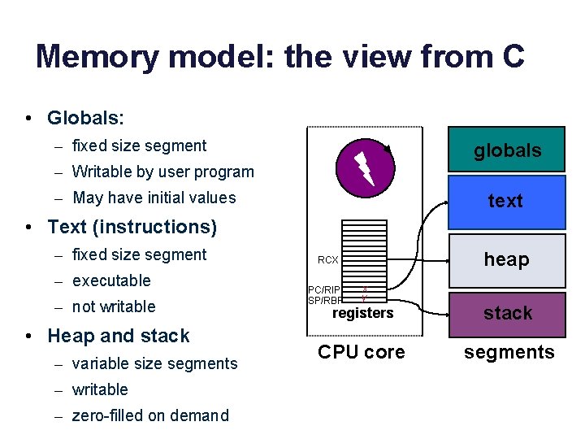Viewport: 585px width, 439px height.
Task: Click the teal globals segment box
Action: pos(507,150)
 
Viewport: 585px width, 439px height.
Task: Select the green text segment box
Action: pos(507,201)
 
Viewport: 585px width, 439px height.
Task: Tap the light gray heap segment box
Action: pos(507,259)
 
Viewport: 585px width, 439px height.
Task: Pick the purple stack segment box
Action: pos(507,313)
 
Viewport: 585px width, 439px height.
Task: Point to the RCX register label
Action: pos(328,260)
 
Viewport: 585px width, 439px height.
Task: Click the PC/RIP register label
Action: pos(324,289)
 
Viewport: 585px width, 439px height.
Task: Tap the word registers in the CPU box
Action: pos(363,313)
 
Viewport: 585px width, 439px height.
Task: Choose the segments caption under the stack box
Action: pos(509,352)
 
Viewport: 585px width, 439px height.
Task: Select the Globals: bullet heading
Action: pos(85,118)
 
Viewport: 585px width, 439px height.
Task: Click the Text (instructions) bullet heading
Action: pos(132,227)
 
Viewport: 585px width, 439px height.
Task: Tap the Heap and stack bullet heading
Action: pos(119,336)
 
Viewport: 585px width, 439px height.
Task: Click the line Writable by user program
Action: pos(162,172)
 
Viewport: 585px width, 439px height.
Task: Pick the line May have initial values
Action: pos(154,198)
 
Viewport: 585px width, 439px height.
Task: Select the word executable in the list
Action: pos(111,280)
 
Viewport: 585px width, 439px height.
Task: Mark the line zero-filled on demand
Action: pos(150,415)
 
